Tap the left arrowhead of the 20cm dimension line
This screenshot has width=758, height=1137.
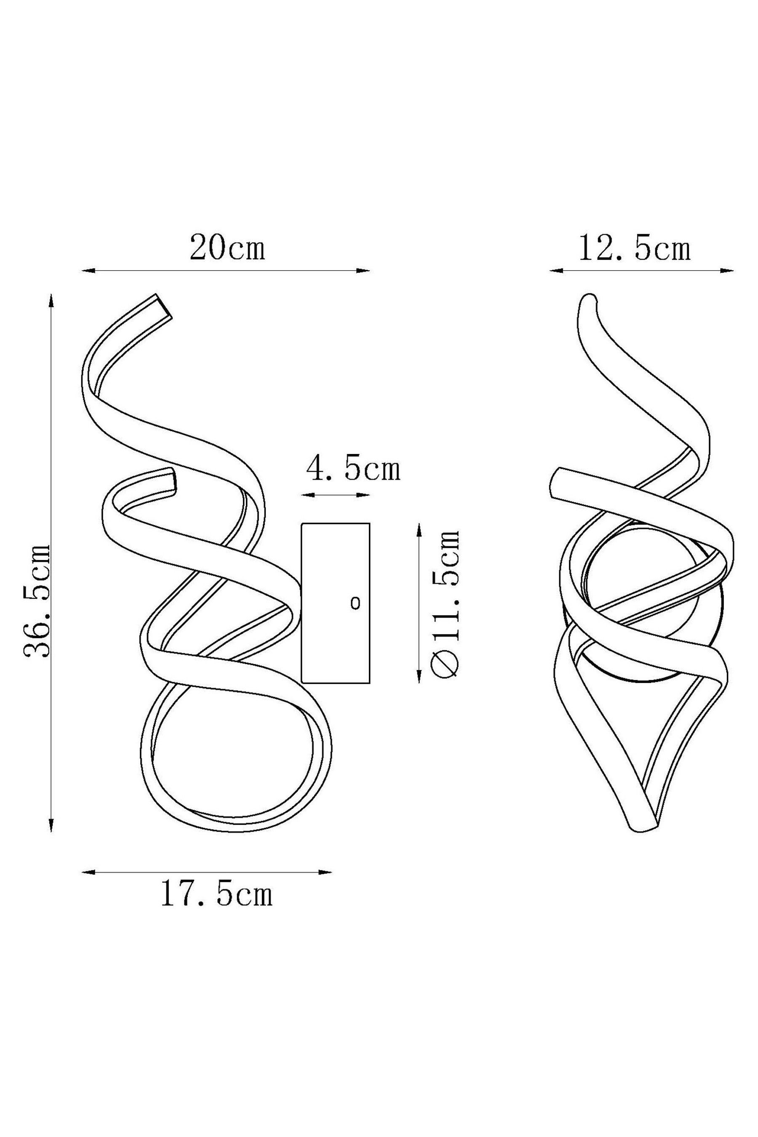coord(88,271)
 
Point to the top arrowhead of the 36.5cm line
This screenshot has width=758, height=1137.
coord(52,302)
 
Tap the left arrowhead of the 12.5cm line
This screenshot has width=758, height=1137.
coord(556,271)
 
